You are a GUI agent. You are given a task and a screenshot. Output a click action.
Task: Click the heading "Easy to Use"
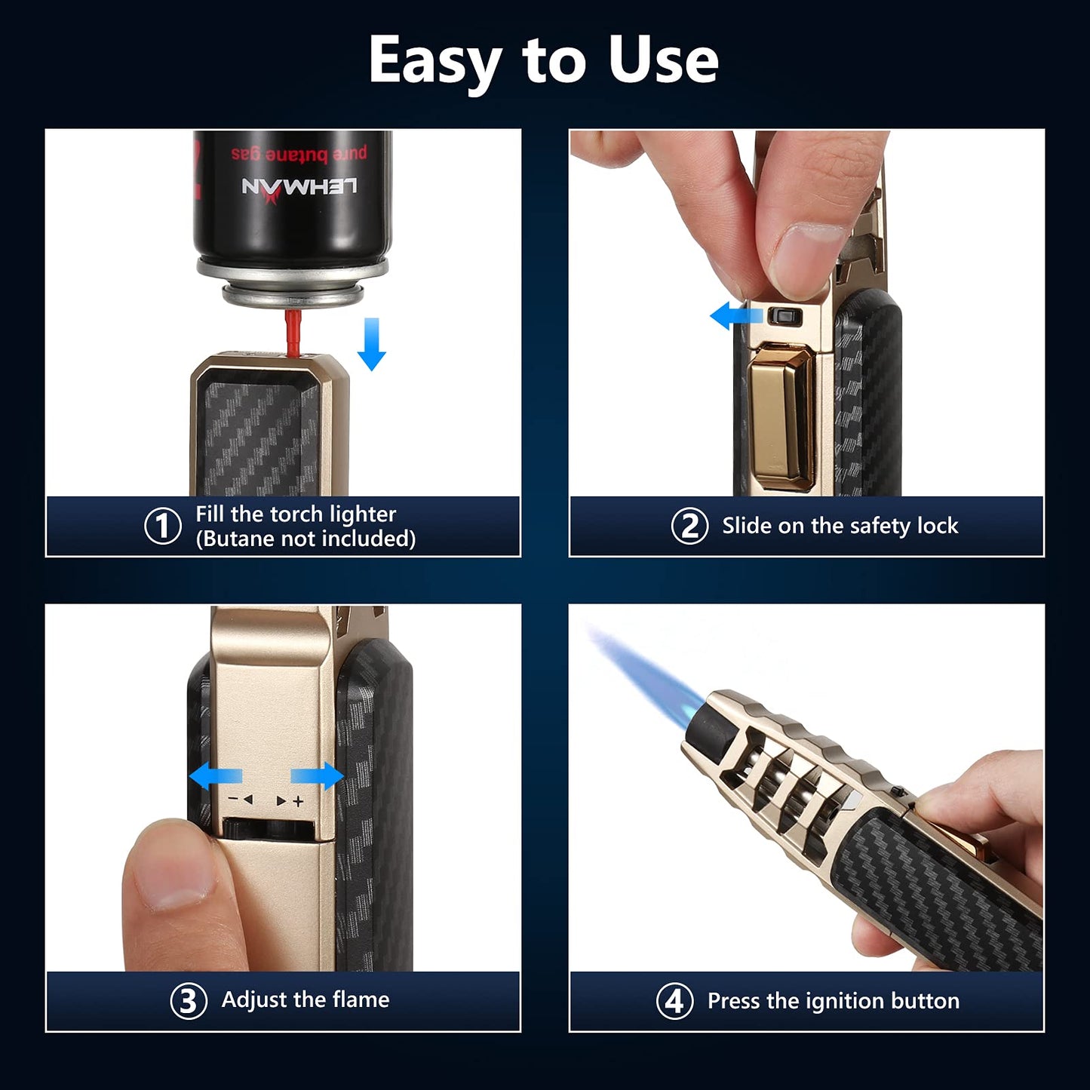click(543, 60)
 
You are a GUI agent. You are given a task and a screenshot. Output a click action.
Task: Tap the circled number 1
click(163, 526)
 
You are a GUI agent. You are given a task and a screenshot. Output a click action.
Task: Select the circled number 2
click(689, 526)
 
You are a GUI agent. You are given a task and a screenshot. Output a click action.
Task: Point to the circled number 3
click(189, 1001)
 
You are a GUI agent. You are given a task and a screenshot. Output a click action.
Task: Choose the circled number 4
click(674, 1001)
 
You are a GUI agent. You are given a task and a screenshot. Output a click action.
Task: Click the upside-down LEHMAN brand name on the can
click(299, 187)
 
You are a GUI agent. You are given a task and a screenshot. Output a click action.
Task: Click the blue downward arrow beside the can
click(371, 344)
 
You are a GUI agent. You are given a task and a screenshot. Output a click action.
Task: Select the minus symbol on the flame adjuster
click(235, 800)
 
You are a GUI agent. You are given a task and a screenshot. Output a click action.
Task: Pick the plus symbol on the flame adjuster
click(299, 801)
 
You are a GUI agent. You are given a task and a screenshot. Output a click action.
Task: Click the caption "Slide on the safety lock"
click(840, 526)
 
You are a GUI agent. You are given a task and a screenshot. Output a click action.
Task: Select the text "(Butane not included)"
click(306, 539)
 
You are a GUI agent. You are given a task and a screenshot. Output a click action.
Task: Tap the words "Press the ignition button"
click(833, 1001)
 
